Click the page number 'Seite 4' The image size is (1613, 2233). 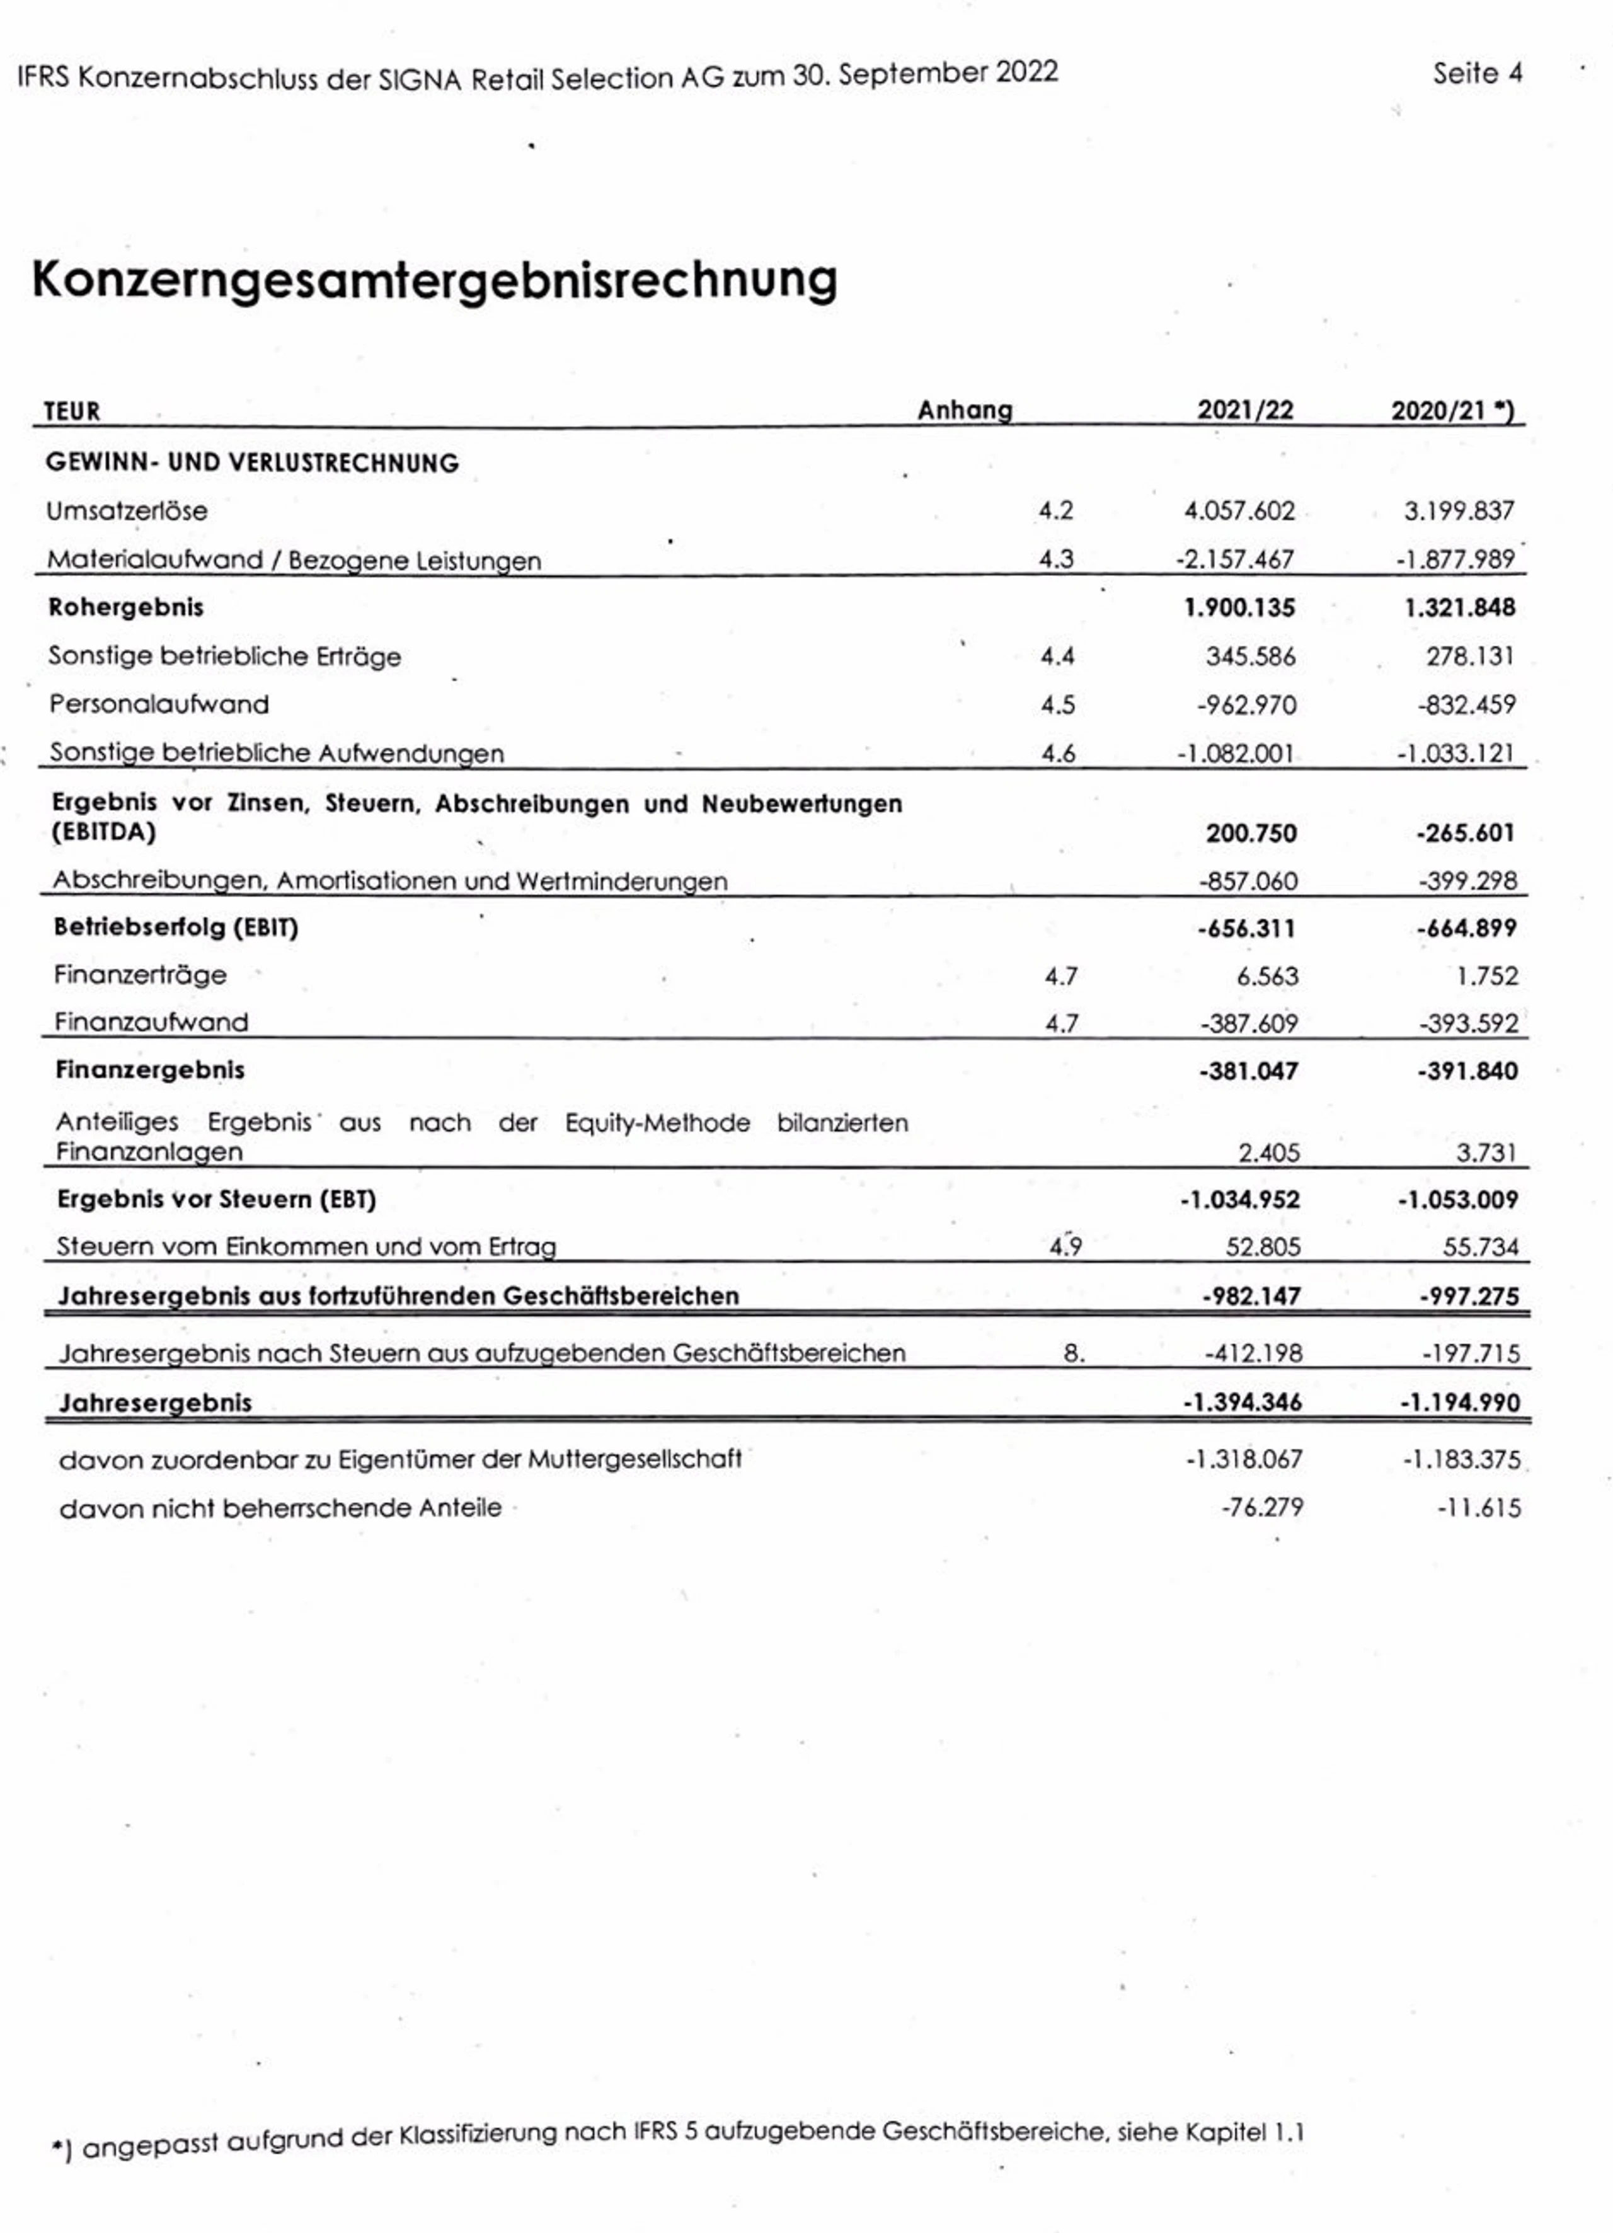pyautogui.click(x=1476, y=74)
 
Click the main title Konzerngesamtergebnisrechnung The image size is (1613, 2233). pyautogui.click(x=434, y=280)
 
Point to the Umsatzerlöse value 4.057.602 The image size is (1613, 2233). pyautogui.click(x=1239, y=511)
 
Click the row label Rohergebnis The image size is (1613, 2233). pyautogui.click(x=126, y=607)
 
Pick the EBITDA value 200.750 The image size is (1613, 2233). pyautogui.click(x=1251, y=833)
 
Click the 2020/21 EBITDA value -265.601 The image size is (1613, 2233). pyautogui.click(x=1466, y=833)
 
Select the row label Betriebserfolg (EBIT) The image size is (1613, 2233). pyautogui.click(x=176, y=927)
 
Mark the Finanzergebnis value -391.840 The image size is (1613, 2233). pyautogui.click(x=1467, y=1071)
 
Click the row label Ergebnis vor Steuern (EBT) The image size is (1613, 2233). pyautogui.click(x=217, y=1199)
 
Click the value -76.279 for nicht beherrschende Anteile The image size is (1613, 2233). pyautogui.click(x=1263, y=1507)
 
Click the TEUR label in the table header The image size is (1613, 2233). pyautogui.click(x=72, y=411)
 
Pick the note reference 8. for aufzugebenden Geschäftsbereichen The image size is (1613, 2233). pyautogui.click(x=1074, y=1354)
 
